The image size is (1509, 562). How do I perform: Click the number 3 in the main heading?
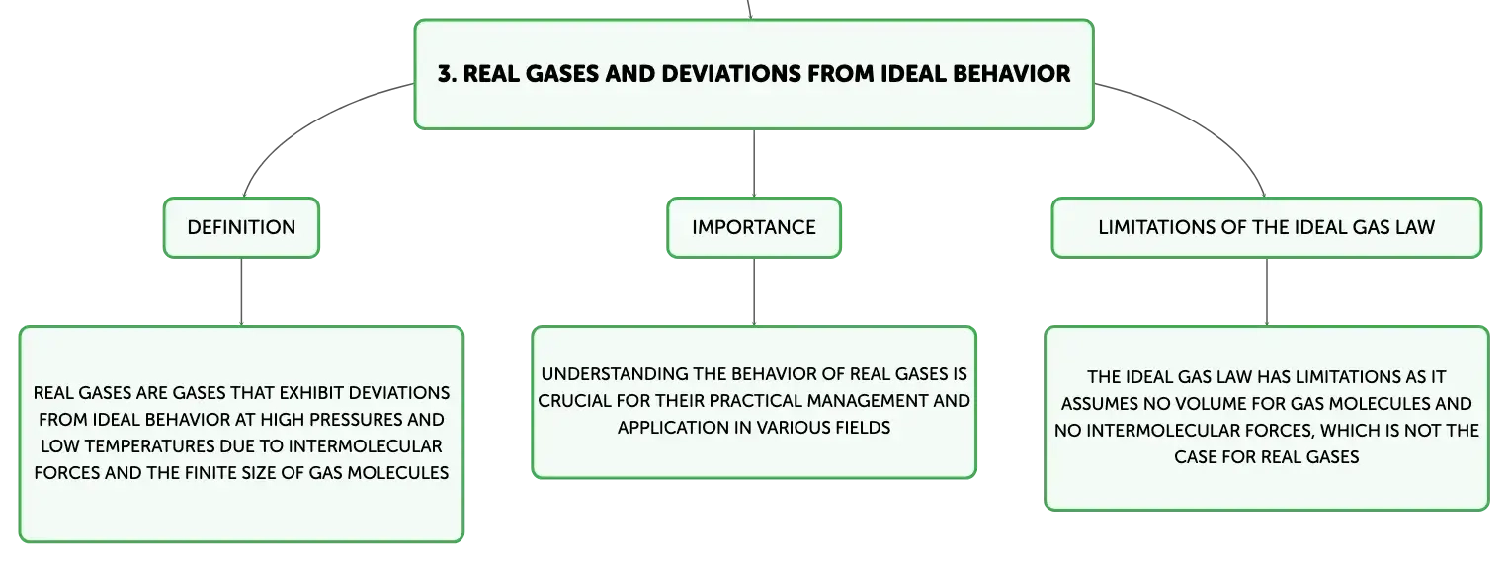click(445, 74)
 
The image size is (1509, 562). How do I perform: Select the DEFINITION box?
click(241, 227)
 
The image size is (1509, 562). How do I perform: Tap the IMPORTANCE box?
click(754, 227)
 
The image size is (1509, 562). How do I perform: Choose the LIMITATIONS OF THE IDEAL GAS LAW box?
click(1267, 227)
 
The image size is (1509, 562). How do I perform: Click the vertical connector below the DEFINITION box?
click(241, 292)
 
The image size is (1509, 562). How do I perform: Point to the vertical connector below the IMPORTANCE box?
click(754, 292)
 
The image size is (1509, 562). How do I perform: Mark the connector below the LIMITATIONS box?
click(1267, 292)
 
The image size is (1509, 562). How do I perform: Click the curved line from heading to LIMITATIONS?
click(1206, 124)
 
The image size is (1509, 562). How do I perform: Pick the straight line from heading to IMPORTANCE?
click(754, 163)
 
